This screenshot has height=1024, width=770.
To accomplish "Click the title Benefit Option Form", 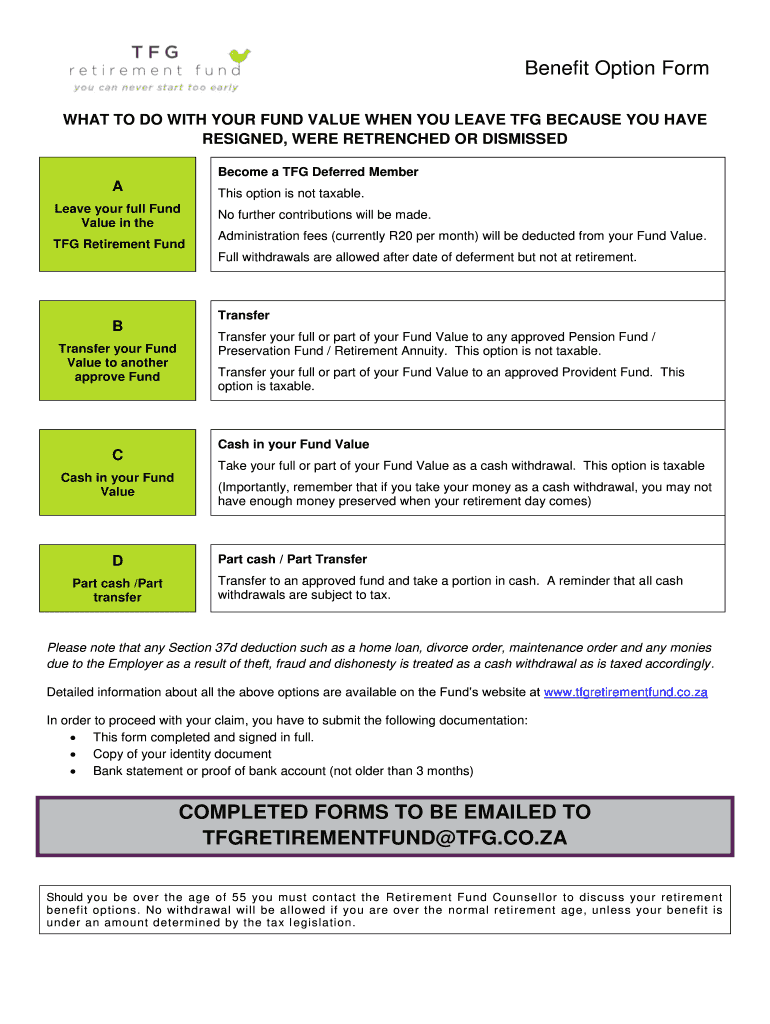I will click(x=617, y=69).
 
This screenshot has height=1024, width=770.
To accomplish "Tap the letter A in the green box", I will click(x=118, y=186).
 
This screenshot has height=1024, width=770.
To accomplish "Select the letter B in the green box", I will click(x=118, y=326).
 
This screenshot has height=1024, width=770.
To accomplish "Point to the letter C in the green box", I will click(x=118, y=455).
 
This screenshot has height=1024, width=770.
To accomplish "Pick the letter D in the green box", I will click(x=118, y=561).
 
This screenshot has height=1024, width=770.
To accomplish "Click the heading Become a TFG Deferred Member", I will click(x=318, y=172).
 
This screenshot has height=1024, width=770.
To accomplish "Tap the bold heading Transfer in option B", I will click(x=244, y=315).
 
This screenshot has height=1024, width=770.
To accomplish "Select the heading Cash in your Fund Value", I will click(x=293, y=444).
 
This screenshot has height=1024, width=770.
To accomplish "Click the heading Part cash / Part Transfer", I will click(x=292, y=559).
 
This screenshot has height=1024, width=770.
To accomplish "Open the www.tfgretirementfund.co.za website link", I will click(x=625, y=692).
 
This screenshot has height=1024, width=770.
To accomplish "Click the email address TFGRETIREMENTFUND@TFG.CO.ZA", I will click(x=385, y=838).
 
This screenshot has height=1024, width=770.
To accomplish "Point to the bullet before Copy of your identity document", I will click(x=73, y=754).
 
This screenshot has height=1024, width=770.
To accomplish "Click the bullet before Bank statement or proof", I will click(x=73, y=771).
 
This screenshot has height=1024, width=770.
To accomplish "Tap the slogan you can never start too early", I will click(x=157, y=87).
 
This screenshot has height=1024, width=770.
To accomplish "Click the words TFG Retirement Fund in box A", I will click(x=118, y=244).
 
